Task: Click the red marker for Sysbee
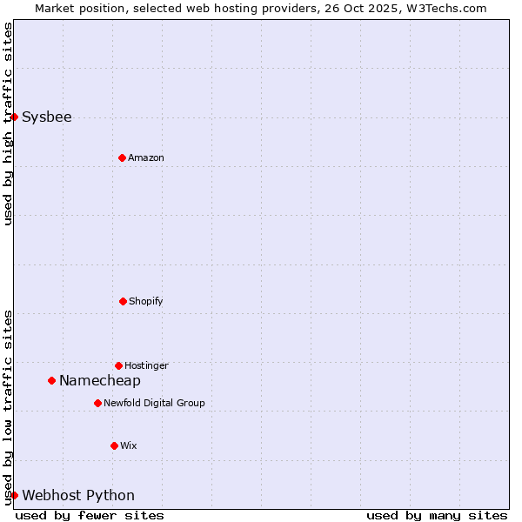[14, 117]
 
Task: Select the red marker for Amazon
[122, 157]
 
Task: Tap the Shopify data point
[123, 301]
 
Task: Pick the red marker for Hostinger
[118, 365]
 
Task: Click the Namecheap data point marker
[51, 380]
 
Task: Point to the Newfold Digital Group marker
[97, 403]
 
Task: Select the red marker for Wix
[114, 445]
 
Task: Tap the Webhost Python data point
[14, 495]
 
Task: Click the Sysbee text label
[47, 117]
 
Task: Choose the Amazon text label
[146, 157]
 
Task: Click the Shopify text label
[146, 301]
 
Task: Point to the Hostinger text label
[146, 365]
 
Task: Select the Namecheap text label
[100, 380]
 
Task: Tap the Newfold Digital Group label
[154, 403]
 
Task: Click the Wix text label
[129, 445]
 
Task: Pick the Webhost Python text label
[78, 495]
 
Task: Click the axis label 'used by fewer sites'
[90, 515]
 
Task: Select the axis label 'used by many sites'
[437, 515]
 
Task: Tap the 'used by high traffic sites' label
[8, 124]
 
